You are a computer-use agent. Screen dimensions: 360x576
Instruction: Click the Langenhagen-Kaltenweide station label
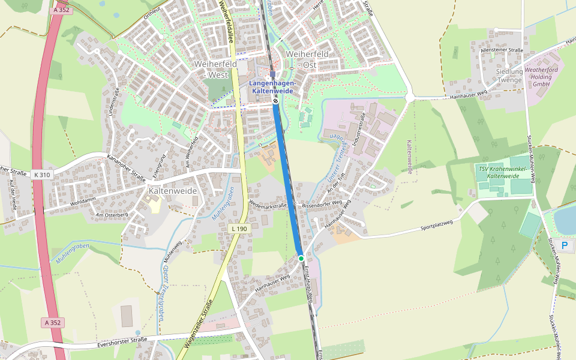click(x=272, y=86)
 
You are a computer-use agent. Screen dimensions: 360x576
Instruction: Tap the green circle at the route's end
click(x=301, y=258)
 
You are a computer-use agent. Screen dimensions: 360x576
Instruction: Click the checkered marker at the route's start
click(x=275, y=101)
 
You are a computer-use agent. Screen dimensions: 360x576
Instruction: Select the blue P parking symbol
click(x=563, y=245)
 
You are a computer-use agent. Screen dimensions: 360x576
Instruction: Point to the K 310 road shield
click(x=43, y=175)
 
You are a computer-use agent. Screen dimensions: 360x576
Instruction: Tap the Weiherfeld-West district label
click(x=211, y=69)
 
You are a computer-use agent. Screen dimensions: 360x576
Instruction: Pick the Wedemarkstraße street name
click(x=268, y=206)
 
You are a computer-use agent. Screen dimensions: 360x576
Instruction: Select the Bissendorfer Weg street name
click(x=322, y=204)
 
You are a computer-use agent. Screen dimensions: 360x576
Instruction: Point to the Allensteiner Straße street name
click(x=502, y=50)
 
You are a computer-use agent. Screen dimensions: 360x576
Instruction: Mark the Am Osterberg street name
click(x=112, y=214)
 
